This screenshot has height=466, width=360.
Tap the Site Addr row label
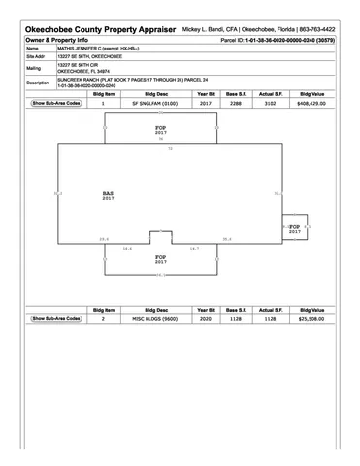(x=36, y=57)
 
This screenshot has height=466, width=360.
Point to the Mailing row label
(x=34, y=69)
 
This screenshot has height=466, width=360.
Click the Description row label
(x=39, y=83)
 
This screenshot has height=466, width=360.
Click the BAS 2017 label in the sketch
(x=108, y=195)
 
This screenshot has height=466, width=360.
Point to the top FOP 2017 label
(x=161, y=129)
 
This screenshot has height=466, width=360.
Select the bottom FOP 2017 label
(x=161, y=259)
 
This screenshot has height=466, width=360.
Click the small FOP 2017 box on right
(x=295, y=228)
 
